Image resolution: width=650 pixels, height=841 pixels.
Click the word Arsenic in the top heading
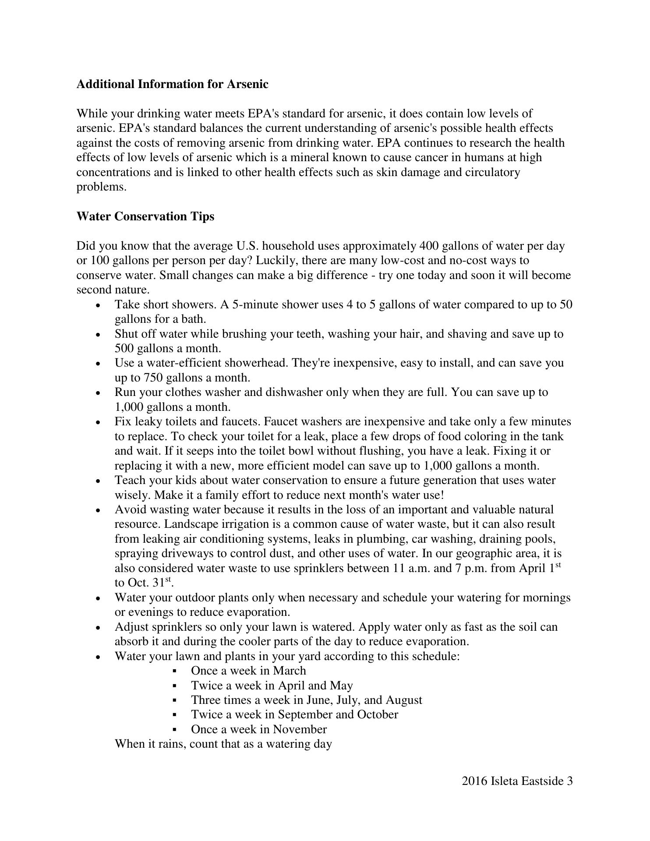click(247, 84)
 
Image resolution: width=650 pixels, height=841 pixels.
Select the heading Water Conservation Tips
click(145, 216)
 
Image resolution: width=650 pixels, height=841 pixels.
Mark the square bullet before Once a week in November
click(175, 730)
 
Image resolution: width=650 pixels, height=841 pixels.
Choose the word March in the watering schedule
click(290, 671)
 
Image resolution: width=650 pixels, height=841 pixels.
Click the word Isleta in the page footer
click(505, 781)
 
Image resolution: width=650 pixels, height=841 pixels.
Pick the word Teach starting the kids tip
click(129, 481)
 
